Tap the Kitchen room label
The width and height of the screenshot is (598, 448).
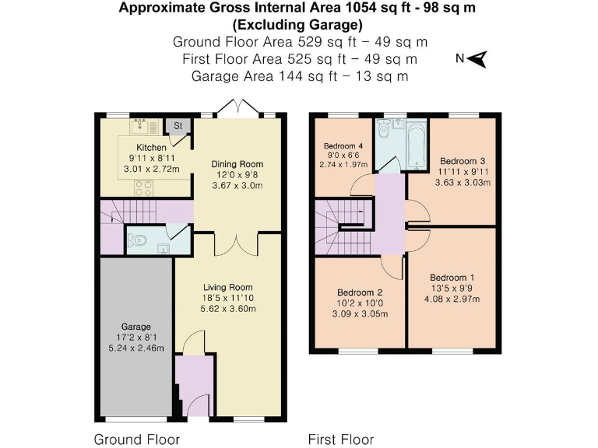click(x=151, y=147)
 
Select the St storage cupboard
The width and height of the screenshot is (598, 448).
click(x=178, y=125)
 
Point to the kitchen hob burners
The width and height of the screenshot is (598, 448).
click(x=144, y=187)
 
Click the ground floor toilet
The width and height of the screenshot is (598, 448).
click(x=139, y=240)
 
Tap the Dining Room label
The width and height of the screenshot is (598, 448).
click(x=237, y=164)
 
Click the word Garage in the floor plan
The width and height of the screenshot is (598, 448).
click(x=135, y=327)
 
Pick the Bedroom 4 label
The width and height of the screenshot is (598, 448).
click(x=343, y=145)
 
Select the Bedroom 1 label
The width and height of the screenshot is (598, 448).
click(x=452, y=278)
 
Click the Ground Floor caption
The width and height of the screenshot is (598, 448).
click(x=137, y=439)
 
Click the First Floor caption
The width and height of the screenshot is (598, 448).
click(x=341, y=439)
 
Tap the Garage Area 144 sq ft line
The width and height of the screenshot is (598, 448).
click(x=299, y=76)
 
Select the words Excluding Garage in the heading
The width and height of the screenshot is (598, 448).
click(x=299, y=23)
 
